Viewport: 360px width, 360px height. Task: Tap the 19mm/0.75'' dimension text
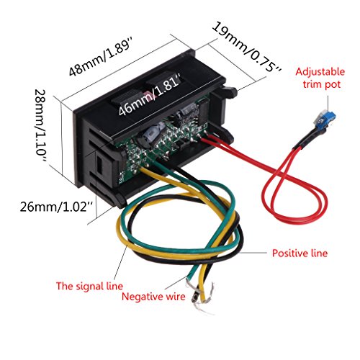pos(247,48)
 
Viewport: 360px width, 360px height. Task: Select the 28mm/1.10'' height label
pos(40,125)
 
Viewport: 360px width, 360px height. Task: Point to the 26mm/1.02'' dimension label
pos(56,207)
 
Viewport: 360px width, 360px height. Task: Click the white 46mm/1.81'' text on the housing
pos(149,94)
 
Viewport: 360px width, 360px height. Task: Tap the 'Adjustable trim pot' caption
pos(320,78)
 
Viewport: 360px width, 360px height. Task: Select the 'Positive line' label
pos(300,253)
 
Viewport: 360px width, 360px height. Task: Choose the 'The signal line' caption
pos(89,286)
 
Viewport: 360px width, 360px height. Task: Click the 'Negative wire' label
pos(153,297)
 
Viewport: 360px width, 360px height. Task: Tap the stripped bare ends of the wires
pos(200,297)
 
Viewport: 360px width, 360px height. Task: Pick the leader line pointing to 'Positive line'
pos(253,253)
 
